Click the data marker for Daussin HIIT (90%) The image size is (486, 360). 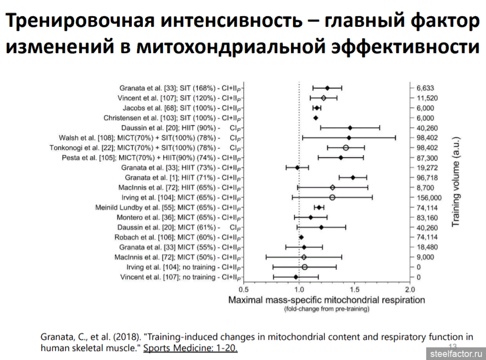tap(350, 128)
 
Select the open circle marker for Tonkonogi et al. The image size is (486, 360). tap(346, 148)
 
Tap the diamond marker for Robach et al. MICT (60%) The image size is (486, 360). tap(302, 237)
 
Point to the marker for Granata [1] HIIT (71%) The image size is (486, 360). tap(353, 177)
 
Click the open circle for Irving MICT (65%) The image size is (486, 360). tap(332, 197)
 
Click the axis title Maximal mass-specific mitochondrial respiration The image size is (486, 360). tap(326, 300)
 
